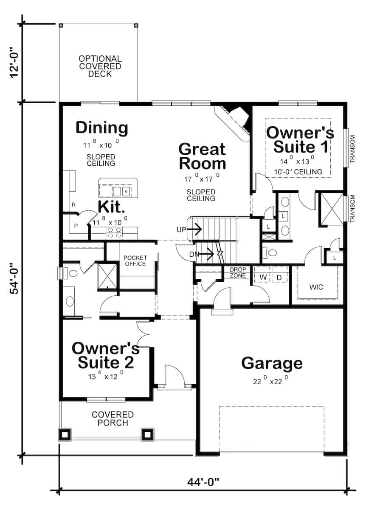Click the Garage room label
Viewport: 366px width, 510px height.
click(x=272, y=364)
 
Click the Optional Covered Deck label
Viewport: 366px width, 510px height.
click(x=100, y=66)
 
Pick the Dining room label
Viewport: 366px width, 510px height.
click(x=101, y=127)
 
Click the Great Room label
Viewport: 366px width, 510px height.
click(x=202, y=156)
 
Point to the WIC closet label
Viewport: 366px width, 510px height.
click(x=316, y=287)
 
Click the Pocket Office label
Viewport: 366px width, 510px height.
click(x=135, y=261)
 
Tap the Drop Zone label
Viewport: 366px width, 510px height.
click(x=238, y=272)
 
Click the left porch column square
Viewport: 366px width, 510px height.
click(x=65, y=434)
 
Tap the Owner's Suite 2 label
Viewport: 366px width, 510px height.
click(x=105, y=356)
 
